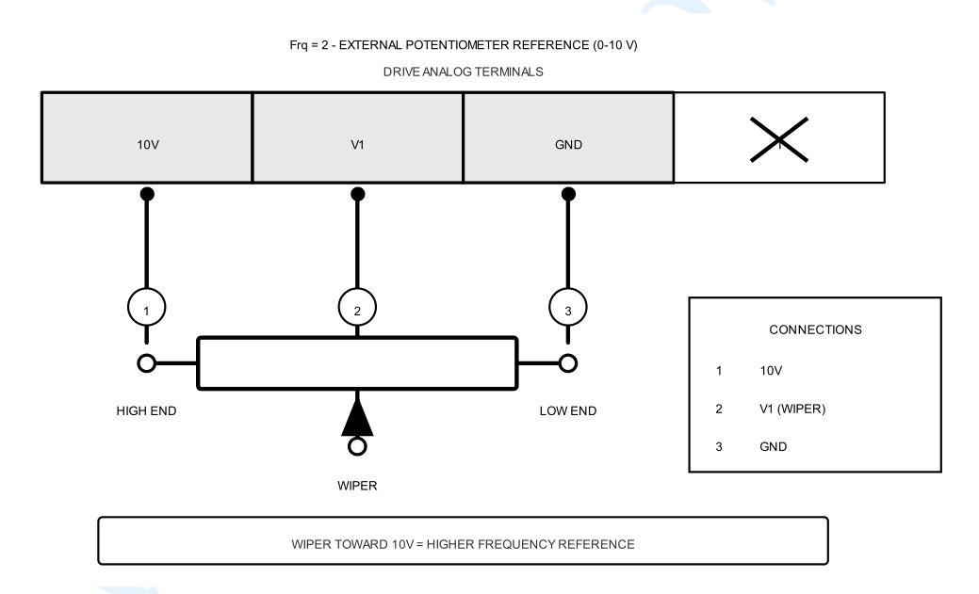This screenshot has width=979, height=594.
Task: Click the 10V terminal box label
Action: click(148, 145)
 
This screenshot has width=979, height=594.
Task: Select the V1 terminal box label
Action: click(357, 145)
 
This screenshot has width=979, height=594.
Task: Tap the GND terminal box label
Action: click(568, 145)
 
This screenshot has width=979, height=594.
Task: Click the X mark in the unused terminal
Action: click(779, 139)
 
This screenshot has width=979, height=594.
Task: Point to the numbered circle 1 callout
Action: click(147, 308)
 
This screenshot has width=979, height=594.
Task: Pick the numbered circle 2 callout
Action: click(357, 308)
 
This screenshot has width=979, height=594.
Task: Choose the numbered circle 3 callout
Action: click(567, 308)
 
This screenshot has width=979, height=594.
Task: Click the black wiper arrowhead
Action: click(357, 417)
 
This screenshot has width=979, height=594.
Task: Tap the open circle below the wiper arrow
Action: click(357, 446)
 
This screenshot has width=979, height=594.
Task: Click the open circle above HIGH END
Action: click(147, 363)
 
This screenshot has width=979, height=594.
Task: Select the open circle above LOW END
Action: click(567, 363)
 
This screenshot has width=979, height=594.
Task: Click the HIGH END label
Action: click(146, 411)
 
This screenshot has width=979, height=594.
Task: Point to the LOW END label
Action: click(567, 411)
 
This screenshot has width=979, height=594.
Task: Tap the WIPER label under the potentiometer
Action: click(357, 486)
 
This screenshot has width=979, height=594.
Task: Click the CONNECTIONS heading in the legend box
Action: click(815, 330)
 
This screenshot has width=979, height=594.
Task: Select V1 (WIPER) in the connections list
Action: click(792, 409)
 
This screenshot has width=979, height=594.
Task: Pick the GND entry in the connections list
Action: click(773, 447)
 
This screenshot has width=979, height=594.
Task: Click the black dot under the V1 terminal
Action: click(357, 194)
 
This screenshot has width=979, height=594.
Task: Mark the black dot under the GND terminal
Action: click(568, 194)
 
